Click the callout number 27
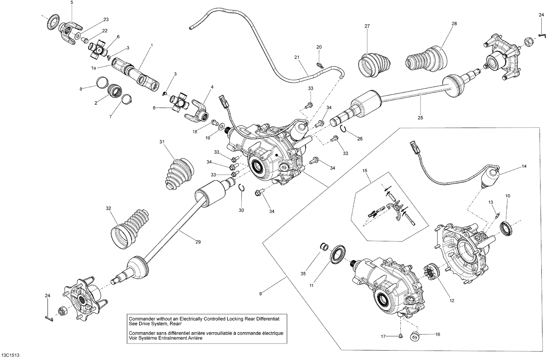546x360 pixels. pos(367,26)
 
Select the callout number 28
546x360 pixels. pos(454,24)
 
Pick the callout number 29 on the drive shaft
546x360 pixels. pos(198,242)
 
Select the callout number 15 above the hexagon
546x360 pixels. pos(365,170)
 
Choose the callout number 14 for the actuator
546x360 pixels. pos(524,166)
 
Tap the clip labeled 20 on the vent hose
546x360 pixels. pos(319,65)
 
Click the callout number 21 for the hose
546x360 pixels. pos(297,57)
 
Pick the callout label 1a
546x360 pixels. pos(94,68)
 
